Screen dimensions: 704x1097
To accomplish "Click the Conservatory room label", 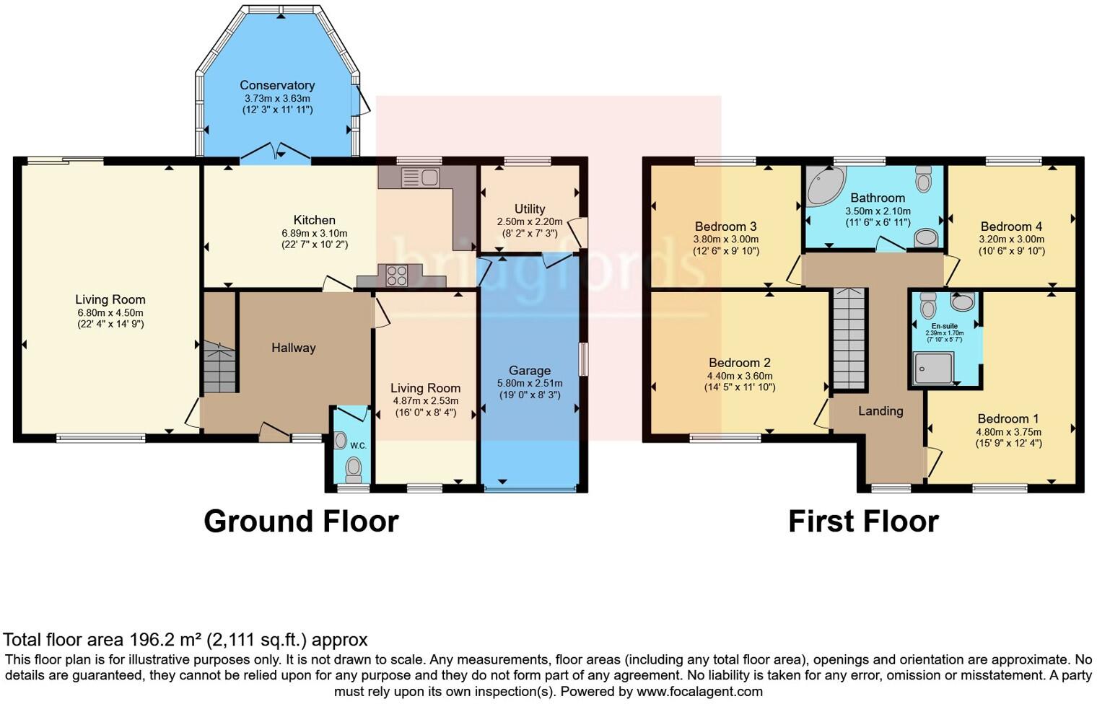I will pos(277,85).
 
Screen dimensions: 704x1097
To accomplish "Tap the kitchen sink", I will pos(419,177).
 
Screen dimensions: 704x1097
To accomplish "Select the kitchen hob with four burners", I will pos(396,276).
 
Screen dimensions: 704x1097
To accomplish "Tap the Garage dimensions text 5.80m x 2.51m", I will pos(530,383).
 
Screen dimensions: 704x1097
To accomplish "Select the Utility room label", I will pos(530,209).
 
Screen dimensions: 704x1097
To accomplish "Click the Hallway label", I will pos(294,348).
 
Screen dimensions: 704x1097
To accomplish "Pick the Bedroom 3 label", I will pos(725,226).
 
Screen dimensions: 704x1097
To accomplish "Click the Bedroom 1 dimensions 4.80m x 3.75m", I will pos(1008,431).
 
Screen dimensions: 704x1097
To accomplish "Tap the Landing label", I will pos(880,410).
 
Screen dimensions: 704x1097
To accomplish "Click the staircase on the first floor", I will pos(849,338).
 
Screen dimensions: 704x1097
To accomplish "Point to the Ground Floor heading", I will pos(301,521).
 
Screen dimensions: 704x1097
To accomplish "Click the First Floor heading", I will pos(863,521).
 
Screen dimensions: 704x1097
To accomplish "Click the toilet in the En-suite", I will pos(928,306).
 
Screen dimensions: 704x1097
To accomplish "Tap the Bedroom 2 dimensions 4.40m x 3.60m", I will pos(740,376).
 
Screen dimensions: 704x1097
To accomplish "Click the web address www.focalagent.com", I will pos(699,691).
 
